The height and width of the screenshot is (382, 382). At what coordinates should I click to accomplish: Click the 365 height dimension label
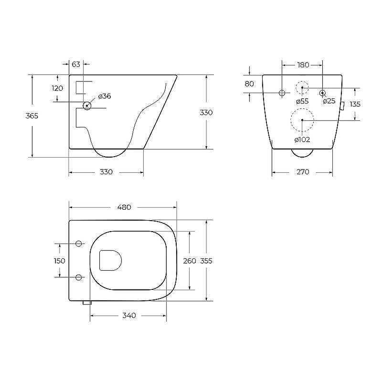32,116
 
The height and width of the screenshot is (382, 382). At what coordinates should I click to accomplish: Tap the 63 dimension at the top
76,64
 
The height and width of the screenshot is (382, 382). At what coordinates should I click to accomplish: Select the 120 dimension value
57,88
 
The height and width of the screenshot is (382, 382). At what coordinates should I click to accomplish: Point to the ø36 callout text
105,96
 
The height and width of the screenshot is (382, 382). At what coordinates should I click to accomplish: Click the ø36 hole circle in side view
87,106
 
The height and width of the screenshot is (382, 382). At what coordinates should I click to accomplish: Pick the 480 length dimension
124,207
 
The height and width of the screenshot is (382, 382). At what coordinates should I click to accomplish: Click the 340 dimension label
129,316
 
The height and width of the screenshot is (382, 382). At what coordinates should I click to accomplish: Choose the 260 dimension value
190,261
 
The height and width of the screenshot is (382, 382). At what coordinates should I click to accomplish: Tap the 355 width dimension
206,261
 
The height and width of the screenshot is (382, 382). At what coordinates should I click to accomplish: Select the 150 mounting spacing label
59,261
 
